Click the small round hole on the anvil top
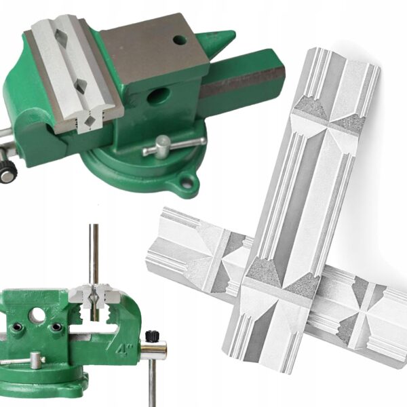180,40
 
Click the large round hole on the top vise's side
158,96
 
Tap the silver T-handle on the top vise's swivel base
174,145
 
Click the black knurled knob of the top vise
8,172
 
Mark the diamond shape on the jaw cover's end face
90,121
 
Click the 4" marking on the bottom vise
124,349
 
